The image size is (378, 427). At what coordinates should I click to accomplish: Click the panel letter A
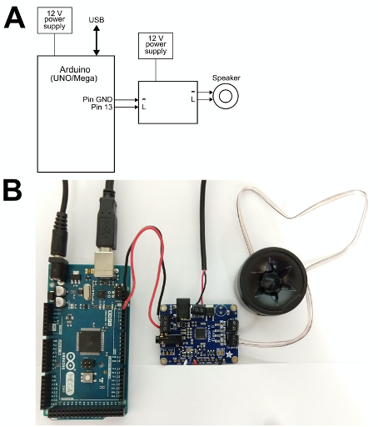point(14,18)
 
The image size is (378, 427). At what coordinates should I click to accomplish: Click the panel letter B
point(12,190)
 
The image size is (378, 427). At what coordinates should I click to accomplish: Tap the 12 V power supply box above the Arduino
point(55,21)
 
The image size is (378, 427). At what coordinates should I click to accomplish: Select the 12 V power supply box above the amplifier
point(156,46)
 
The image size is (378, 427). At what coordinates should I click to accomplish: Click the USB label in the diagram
point(97,20)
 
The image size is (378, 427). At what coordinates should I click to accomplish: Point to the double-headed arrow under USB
point(97,40)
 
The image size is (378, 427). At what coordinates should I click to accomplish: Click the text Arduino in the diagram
point(75,69)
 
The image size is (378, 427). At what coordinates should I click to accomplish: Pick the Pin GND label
point(97,99)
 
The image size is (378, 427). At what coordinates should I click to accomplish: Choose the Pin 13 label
point(102,107)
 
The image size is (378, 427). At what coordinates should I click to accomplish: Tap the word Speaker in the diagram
point(226,78)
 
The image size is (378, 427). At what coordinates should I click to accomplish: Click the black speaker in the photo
point(271,281)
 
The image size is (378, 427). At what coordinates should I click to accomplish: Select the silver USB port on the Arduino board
point(104,264)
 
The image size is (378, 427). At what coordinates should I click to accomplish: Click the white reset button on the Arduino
point(87,378)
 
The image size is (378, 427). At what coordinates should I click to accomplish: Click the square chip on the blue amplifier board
point(201,334)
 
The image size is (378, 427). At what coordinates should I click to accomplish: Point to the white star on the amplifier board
point(229,354)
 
